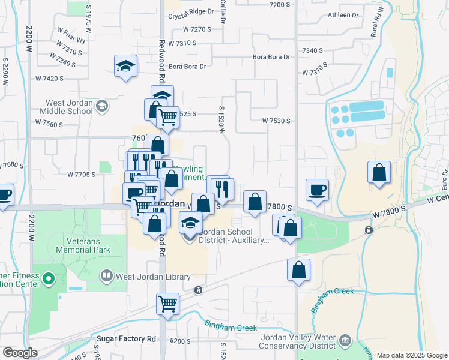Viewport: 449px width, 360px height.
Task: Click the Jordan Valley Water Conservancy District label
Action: pos(298,341)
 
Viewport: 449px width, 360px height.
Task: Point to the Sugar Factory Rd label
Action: pos(126,339)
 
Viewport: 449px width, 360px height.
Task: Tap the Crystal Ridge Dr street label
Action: pos(191,11)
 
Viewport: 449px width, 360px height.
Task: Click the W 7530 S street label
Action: pos(276,121)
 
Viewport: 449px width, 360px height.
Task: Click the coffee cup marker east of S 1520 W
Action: pos(317,190)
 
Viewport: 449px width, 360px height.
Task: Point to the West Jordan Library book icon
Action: pos(106,276)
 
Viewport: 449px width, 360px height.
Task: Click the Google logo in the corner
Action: pos(20,353)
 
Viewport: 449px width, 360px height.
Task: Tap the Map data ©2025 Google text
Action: pos(411,355)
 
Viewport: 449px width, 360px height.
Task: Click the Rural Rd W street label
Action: pos(378,23)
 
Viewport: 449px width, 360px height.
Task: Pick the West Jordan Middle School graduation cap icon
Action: pos(101,106)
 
